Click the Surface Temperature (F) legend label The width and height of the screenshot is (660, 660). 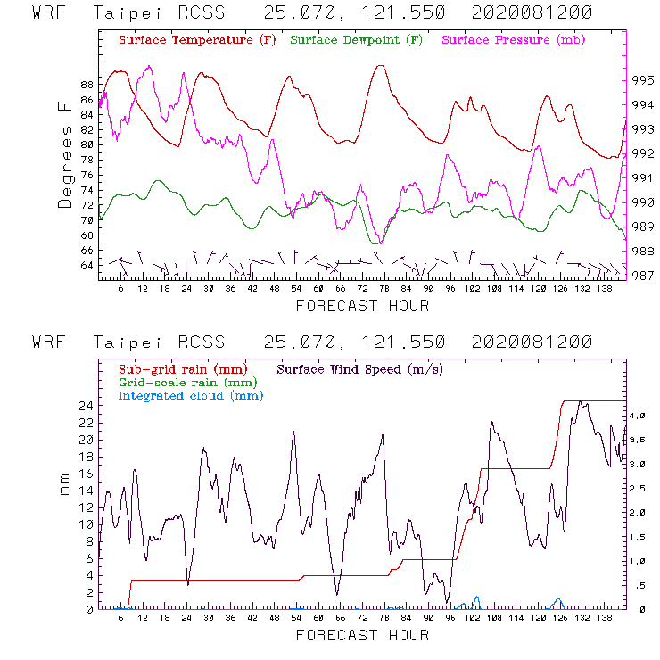(x=197, y=40)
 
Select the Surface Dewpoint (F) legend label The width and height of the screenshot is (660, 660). (x=356, y=40)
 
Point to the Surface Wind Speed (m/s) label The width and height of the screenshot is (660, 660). (x=360, y=368)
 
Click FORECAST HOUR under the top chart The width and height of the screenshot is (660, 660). (x=362, y=306)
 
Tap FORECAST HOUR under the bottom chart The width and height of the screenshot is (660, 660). (x=362, y=636)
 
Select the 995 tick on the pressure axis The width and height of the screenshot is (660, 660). (x=641, y=79)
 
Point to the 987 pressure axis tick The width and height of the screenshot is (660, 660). (x=641, y=276)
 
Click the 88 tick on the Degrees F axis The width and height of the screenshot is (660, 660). (x=87, y=85)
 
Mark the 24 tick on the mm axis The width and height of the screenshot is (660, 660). (x=87, y=406)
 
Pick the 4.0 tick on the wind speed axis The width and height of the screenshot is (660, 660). (x=638, y=416)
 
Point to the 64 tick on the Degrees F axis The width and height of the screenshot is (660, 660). (x=87, y=266)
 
